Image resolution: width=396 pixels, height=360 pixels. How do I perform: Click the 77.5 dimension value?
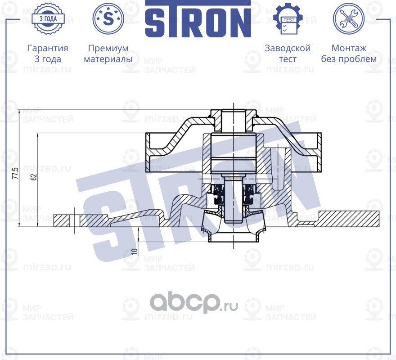[x=15, y=174]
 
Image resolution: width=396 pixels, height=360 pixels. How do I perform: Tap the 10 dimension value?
[x=134, y=251]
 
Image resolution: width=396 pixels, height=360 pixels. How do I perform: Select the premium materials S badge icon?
[x=108, y=18]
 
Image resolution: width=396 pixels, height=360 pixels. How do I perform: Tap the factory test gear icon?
[x=288, y=19]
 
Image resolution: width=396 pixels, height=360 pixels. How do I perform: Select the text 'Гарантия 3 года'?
[x=48, y=54]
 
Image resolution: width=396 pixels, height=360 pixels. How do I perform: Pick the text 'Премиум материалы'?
[x=108, y=54]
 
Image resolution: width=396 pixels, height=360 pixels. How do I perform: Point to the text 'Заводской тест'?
[x=288, y=54]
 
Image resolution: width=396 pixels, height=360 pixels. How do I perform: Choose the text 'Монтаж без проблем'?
[x=349, y=54]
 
